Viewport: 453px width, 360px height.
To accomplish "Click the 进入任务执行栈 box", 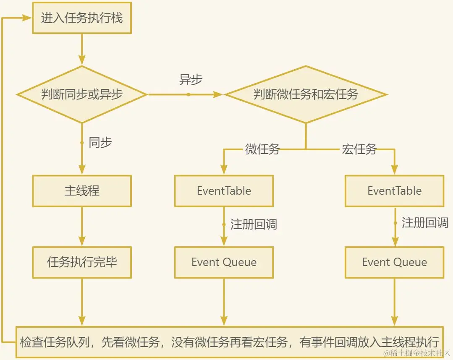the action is [x=82, y=18].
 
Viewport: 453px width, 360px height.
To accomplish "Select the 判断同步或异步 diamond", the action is [x=82, y=94].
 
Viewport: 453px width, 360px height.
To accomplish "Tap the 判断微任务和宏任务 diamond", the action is [x=306, y=94].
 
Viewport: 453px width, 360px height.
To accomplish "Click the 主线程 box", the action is [x=82, y=191].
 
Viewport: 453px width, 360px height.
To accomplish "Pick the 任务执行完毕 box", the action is [x=82, y=262].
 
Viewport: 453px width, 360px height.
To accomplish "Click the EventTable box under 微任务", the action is [x=224, y=191].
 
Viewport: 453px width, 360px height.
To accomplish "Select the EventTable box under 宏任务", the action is [x=394, y=191].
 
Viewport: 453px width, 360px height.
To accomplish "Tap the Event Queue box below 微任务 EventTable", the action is [x=224, y=262].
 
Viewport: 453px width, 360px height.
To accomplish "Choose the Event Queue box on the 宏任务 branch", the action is [x=394, y=262].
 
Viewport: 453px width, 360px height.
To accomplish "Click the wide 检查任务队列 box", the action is [x=230, y=342].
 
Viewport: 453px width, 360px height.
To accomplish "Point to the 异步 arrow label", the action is [x=191, y=79].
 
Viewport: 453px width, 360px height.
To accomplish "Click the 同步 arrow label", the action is [x=100, y=143].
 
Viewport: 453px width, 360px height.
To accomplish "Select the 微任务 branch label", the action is [x=262, y=149].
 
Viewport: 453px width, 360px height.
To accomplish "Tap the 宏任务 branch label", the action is [x=359, y=149].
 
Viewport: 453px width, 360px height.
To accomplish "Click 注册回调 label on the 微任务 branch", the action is [x=254, y=224].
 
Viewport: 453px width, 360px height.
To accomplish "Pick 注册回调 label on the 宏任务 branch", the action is [x=425, y=223].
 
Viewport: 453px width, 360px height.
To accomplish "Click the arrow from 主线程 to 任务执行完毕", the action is [x=82, y=227].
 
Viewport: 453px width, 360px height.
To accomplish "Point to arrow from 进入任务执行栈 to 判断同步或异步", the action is [x=82, y=50].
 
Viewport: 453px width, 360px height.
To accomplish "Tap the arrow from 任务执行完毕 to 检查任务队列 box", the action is [x=82, y=302].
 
